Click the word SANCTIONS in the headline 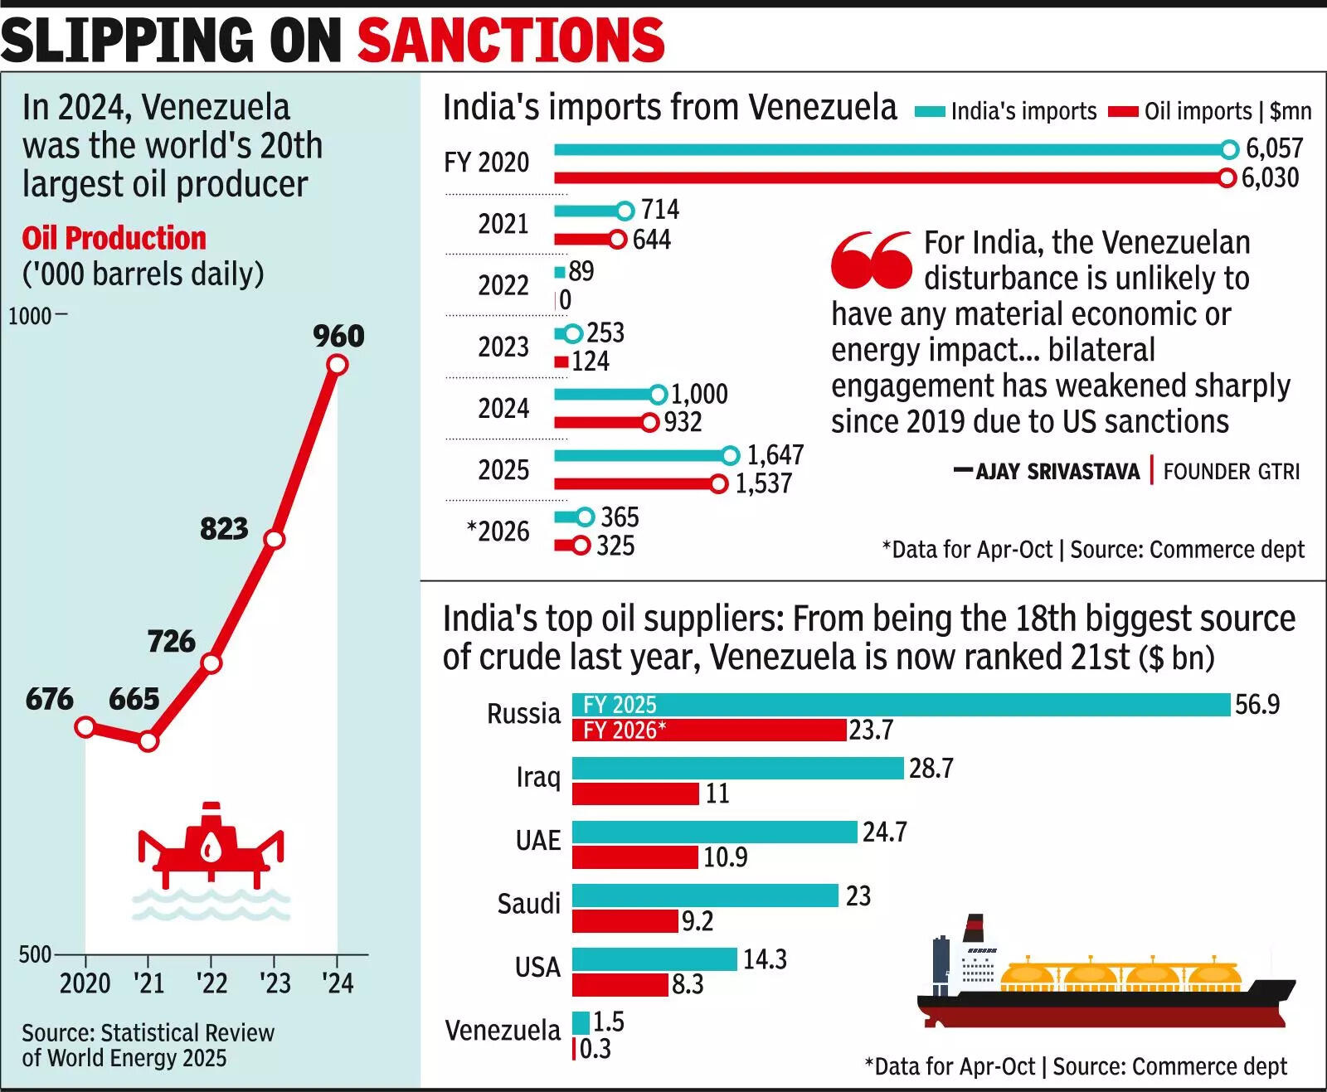pos(510,39)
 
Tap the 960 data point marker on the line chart pos(337,364)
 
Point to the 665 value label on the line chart pos(134,698)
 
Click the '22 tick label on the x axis pos(211,983)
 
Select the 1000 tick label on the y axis pos(30,316)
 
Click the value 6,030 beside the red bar pos(1270,177)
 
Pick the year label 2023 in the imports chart pos(503,347)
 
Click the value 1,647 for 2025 pos(775,455)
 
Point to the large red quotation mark pos(872,260)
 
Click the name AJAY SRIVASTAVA pos(1057,472)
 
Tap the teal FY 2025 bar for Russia pos(901,705)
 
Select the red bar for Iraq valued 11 pos(635,794)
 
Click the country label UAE pos(537,840)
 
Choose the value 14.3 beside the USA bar pos(764,959)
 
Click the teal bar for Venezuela pos(581,1022)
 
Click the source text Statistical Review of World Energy pos(147,1045)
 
